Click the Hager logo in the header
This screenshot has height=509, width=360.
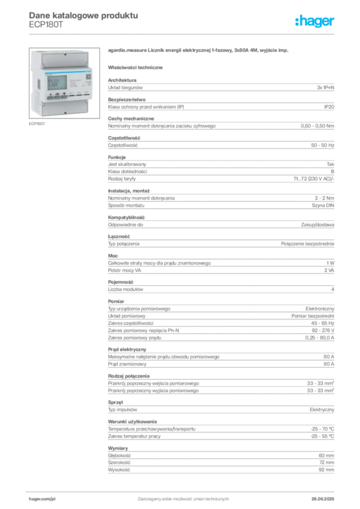click(x=315, y=21)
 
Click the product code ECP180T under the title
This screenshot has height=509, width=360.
click(x=46, y=25)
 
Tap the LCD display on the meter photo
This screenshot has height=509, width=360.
click(x=57, y=83)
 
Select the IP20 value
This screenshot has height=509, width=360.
click(x=329, y=107)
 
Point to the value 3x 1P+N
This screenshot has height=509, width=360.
click(x=326, y=87)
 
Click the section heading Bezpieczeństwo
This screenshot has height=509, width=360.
click(x=127, y=99)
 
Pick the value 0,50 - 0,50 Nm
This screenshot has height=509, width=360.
click(x=317, y=126)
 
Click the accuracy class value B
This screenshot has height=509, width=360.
click(x=333, y=171)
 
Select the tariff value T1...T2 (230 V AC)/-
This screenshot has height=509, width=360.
click(x=314, y=179)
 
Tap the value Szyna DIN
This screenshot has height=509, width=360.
click(x=323, y=205)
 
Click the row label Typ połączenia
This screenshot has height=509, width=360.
click(x=124, y=244)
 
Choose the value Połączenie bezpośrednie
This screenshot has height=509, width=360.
click(x=307, y=244)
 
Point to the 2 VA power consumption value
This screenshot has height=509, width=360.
click(x=329, y=270)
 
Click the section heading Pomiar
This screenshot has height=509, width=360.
click(x=116, y=301)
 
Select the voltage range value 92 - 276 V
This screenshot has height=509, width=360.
click(x=323, y=331)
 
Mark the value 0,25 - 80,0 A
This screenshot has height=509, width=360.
click(x=319, y=338)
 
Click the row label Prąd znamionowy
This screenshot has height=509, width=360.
click(x=127, y=364)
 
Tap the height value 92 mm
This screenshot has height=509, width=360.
click(x=326, y=470)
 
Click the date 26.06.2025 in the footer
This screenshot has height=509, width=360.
click(x=323, y=499)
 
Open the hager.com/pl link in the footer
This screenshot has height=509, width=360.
click(x=42, y=499)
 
